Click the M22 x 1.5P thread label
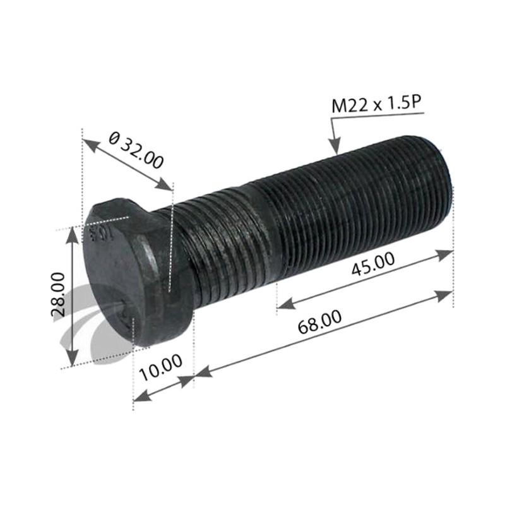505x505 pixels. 377,104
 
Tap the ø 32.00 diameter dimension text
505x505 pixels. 136,151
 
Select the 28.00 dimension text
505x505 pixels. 58,294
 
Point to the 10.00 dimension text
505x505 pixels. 161,367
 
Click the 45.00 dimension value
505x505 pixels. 373,264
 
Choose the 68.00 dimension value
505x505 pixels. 319,321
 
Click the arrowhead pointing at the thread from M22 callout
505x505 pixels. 335,146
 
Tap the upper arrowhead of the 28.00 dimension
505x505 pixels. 72,234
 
